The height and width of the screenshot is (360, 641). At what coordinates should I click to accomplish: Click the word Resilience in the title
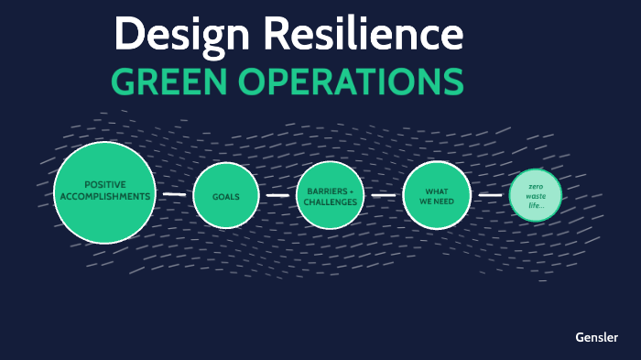point(363,35)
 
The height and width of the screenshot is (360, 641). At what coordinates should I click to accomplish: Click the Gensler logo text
point(596,336)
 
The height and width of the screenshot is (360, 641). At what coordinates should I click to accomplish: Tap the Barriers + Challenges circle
point(331,195)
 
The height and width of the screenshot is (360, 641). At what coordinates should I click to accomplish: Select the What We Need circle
point(437,195)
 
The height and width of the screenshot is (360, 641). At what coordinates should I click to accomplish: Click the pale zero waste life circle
point(536,195)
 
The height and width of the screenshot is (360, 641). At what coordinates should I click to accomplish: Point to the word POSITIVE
point(104,184)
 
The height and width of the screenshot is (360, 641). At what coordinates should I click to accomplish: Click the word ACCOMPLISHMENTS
point(104,196)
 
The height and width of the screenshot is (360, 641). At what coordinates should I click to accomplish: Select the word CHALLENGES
point(331,202)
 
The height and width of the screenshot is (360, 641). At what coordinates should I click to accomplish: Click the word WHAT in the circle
point(437,190)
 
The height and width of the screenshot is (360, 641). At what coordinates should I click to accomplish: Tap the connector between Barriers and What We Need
point(385,195)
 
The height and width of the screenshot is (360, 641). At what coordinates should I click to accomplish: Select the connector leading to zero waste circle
point(491,195)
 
